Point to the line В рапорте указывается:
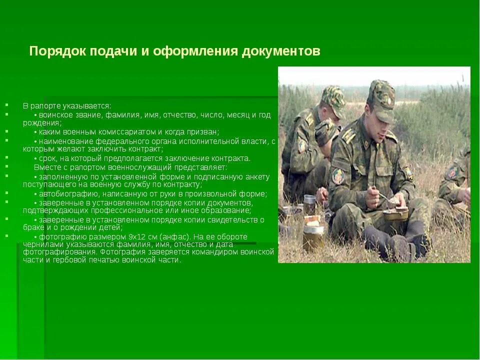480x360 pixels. pyautogui.click(x=67, y=106)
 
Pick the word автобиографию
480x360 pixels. pyautogui.click(x=62, y=194)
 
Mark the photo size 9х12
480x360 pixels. pyautogui.click(x=134, y=237)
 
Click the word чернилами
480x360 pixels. pyautogui.click(x=42, y=244)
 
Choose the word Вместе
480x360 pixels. pyautogui.click(x=45, y=167)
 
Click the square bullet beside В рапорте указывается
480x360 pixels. pyautogui.click(x=7, y=105)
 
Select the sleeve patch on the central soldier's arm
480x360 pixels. pyautogui.click(x=338, y=175)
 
